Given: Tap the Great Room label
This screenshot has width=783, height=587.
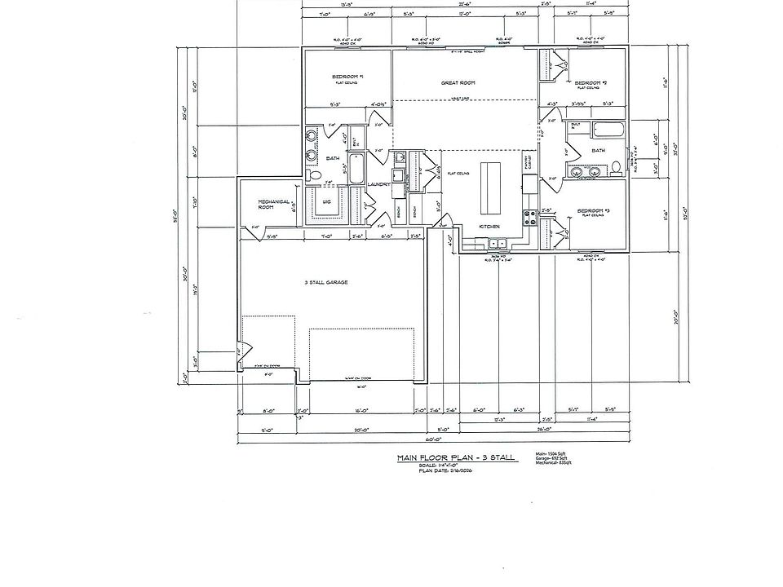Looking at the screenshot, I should click(458, 83).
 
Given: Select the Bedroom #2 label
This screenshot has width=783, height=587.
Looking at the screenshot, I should click(590, 83).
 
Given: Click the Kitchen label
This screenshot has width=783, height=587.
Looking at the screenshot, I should click(489, 227).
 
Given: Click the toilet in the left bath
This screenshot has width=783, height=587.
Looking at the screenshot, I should click(316, 175).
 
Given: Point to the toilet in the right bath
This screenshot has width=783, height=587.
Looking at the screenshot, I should click(617, 168).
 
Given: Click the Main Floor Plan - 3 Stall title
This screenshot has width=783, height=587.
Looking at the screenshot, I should click(455, 458).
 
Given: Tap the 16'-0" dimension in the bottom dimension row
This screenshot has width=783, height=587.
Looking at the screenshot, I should click(359, 410).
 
